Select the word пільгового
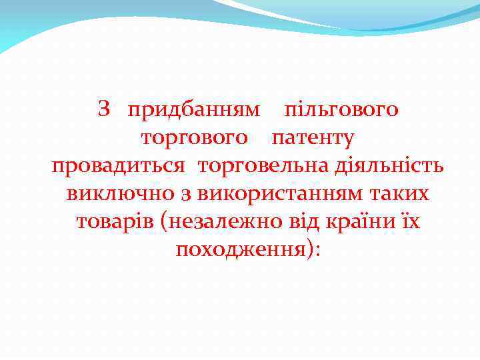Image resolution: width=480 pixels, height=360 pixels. point(341,109)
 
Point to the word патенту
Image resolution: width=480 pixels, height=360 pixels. point(313,138)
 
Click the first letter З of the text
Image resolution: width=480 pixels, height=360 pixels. point(103,108)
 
